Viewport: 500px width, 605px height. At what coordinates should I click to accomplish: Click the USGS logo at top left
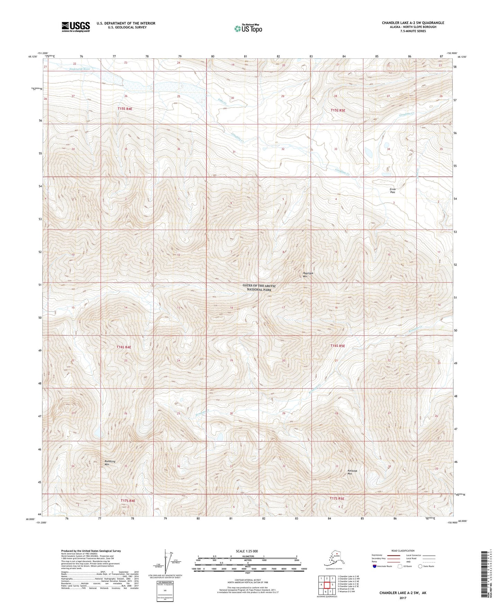point(75,27)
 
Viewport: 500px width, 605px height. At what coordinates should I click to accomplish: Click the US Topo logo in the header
point(248,28)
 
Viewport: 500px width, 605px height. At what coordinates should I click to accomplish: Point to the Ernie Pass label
point(392,190)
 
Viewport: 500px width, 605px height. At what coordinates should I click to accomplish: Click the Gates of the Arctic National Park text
point(259,288)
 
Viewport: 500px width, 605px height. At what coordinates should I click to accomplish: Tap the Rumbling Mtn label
point(110,463)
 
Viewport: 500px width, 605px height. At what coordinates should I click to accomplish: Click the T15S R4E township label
point(125,109)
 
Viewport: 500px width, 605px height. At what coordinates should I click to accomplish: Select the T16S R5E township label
point(337,346)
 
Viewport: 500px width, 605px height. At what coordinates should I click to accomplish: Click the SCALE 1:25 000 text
point(247,551)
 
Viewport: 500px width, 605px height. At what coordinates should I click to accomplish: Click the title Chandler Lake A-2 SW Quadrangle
point(413,23)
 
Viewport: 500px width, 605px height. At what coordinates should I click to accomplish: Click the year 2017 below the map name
point(402,598)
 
